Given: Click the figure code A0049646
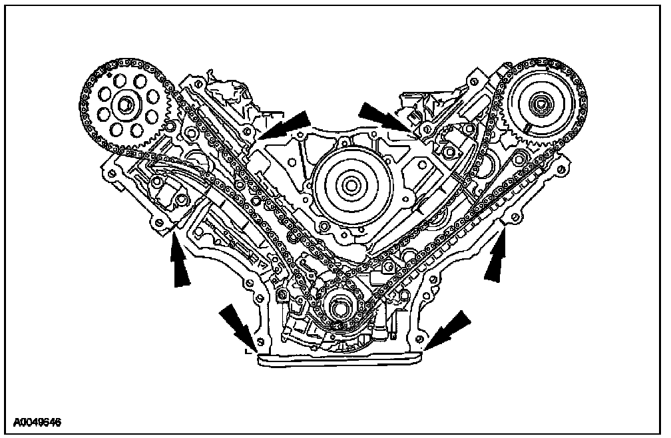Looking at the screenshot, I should pyautogui.click(x=38, y=421).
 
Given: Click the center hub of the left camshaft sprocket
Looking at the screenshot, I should pyautogui.click(x=124, y=105).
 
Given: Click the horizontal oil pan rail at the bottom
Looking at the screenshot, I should pyautogui.click(x=339, y=359).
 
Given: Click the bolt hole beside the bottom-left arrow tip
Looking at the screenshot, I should pyautogui.click(x=260, y=343).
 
